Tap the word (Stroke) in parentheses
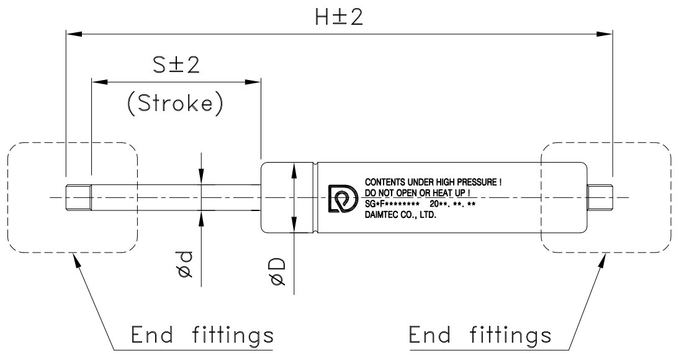coord(174,104)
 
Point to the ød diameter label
coord(186,265)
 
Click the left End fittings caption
coord(202,336)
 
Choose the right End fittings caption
coord(480,336)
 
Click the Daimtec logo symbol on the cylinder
coord(341,198)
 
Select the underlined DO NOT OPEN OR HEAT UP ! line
coord(416,193)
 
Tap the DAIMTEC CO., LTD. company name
coord(402,217)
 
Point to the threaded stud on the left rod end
coord(78,197)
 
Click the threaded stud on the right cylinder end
coord(601,197)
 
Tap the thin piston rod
coord(174,198)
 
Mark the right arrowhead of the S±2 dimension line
coord(254,81)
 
